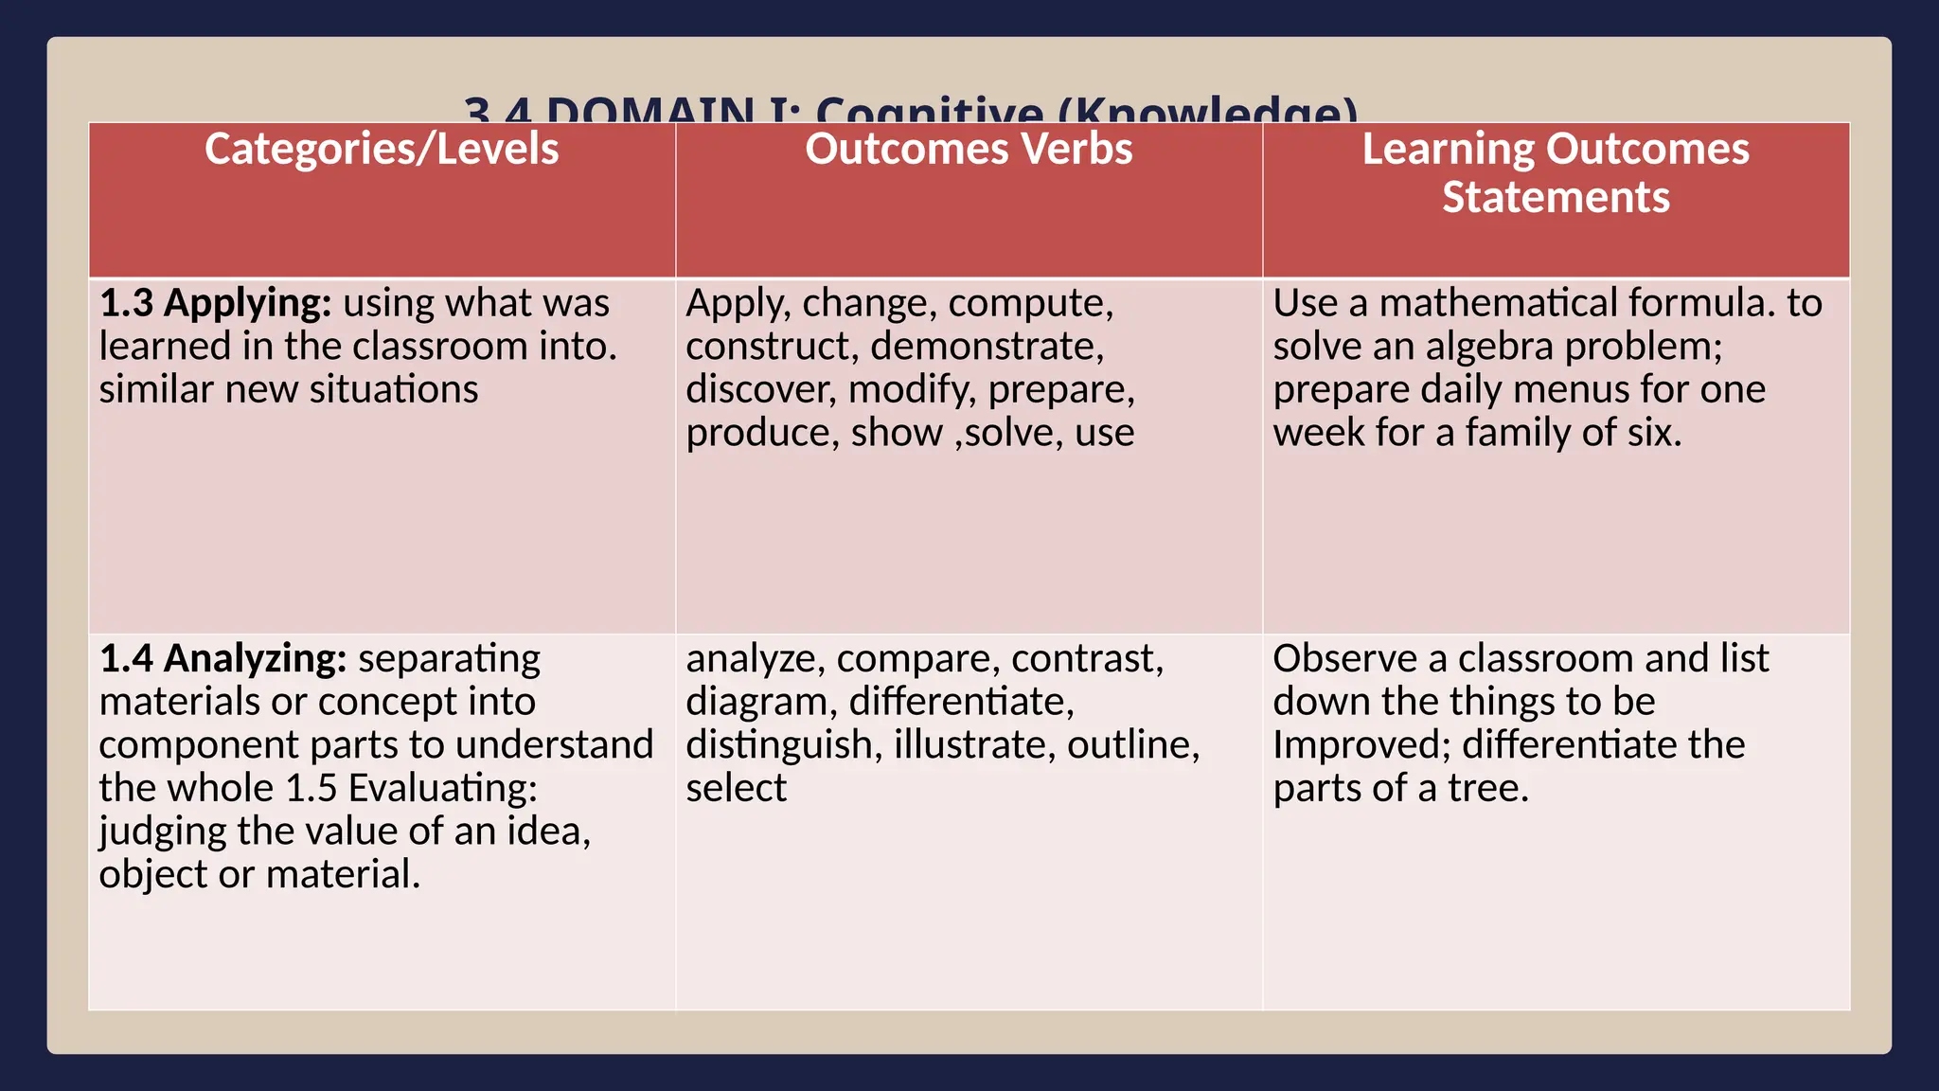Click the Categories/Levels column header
382,150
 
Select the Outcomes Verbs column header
969,150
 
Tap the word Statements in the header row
1556,198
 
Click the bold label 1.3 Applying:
216,304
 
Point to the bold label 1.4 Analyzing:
223,659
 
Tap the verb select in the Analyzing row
736,789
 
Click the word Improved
1361,745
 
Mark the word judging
162,832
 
